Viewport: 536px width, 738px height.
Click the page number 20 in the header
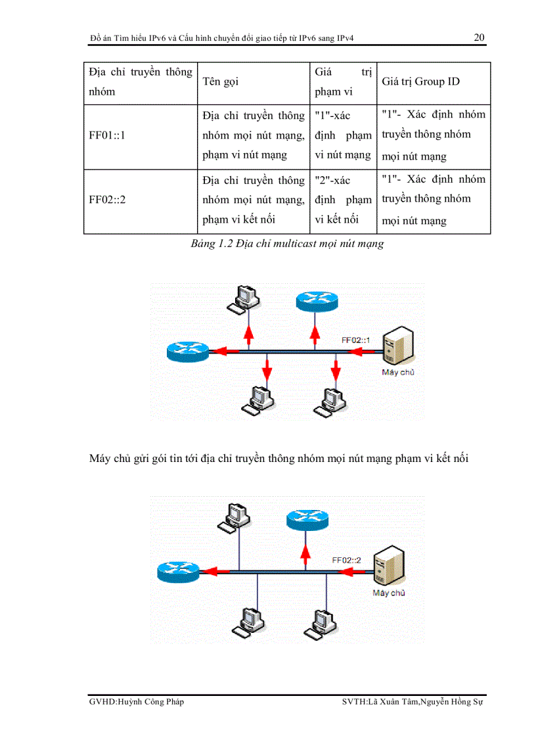coord(480,37)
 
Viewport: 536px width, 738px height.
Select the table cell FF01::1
coord(107,135)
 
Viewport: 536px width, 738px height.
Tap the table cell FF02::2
coord(107,200)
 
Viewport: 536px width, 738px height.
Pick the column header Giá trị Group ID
coord(420,81)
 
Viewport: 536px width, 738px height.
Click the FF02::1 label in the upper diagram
coord(356,340)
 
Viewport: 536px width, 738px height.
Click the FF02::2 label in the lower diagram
coord(347,561)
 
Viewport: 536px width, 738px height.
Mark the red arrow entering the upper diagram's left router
coord(227,352)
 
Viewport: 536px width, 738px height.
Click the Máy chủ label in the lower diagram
coord(389,593)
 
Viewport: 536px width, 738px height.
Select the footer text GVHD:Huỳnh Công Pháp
coord(137,702)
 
